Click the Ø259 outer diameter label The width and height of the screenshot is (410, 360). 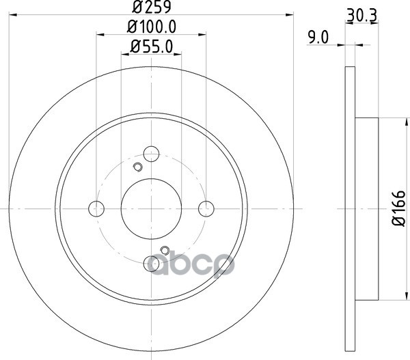pos(152,7)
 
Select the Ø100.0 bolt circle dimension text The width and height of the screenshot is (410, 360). pos(152,27)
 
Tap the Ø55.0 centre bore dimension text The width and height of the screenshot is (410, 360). pos(152,47)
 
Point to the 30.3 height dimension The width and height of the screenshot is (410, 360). pos(361,16)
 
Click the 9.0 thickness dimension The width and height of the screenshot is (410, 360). pos(318,38)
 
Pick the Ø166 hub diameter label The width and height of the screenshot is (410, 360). pos(398,208)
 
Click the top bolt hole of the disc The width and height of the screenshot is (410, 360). pos(152,154)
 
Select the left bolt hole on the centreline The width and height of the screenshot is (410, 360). pos(96,208)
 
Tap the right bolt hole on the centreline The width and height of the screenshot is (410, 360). pos(206,208)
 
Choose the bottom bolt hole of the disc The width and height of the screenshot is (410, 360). pos(152,264)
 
